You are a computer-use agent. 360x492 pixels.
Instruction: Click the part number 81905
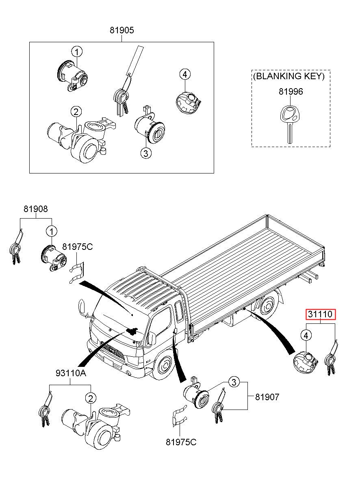121,30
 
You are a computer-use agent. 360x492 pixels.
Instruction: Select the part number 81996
291,91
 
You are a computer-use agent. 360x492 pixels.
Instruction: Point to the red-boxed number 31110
321,314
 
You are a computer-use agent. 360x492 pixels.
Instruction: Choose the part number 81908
36,209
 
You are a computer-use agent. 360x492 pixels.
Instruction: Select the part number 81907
267,397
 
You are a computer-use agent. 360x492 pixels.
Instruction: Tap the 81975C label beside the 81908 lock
78,247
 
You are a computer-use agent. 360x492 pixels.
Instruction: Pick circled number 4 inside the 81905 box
185,74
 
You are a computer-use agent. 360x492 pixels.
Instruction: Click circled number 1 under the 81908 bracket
51,232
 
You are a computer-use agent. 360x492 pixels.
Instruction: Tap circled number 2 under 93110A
91,398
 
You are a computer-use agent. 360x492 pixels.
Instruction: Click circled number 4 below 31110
306,336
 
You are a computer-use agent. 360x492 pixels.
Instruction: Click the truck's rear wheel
267,305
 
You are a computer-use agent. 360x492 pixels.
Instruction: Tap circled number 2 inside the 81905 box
76,112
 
